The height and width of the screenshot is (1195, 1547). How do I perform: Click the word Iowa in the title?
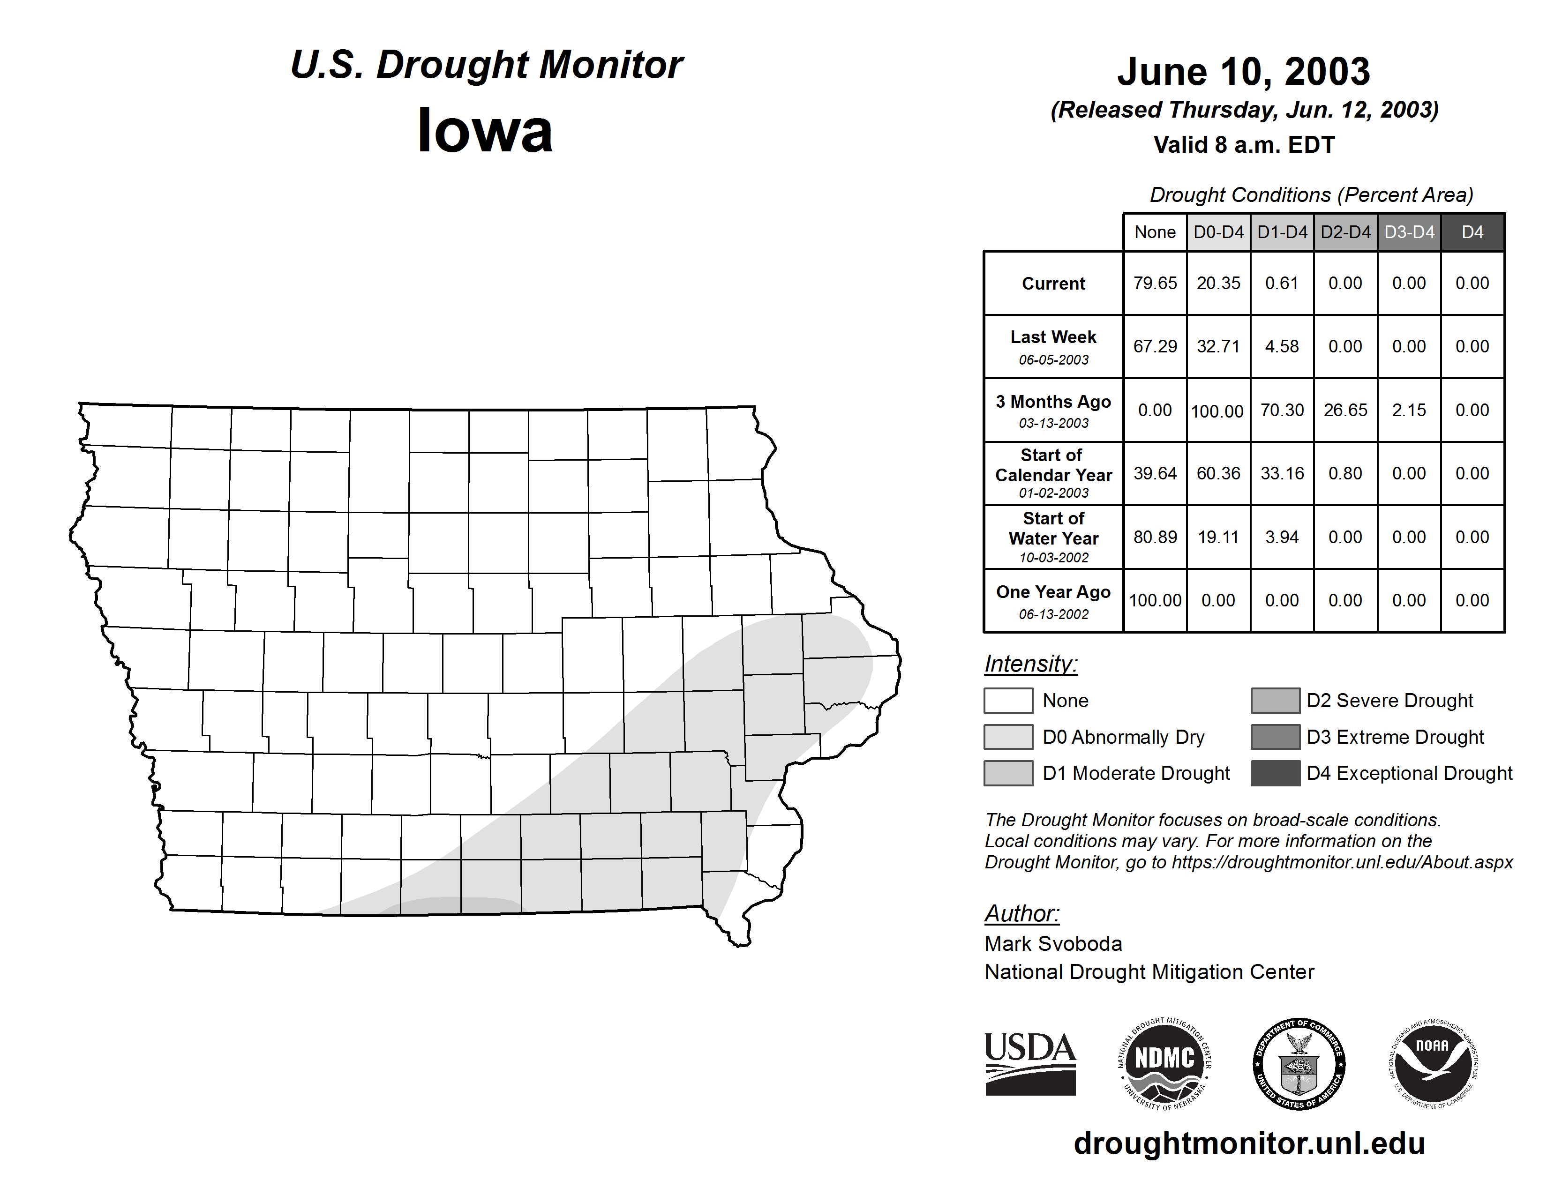(x=485, y=131)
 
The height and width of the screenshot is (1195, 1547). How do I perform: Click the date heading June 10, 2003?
(x=1243, y=72)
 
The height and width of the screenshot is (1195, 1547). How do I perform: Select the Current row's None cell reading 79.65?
(x=1155, y=283)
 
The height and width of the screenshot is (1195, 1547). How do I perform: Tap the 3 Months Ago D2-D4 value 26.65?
(x=1345, y=410)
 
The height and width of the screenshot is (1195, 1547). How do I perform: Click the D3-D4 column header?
(x=1409, y=232)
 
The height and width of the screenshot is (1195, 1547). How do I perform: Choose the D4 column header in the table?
(x=1472, y=232)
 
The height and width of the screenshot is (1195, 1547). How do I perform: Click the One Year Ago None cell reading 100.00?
(x=1155, y=600)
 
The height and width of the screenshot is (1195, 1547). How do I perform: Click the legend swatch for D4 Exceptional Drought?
(x=1275, y=773)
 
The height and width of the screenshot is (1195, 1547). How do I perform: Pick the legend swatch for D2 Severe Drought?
(x=1275, y=700)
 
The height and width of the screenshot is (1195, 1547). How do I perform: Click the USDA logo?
(x=1030, y=1063)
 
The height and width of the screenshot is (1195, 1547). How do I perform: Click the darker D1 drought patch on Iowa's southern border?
(x=453, y=906)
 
